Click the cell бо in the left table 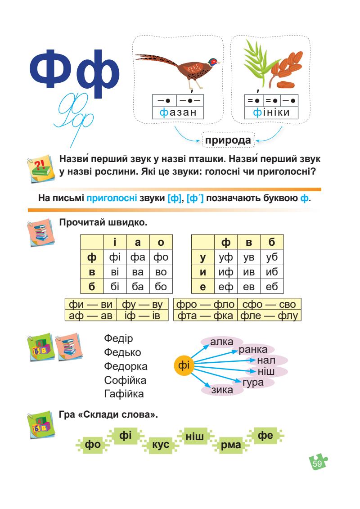click(160, 286)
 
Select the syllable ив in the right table click(249, 272)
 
